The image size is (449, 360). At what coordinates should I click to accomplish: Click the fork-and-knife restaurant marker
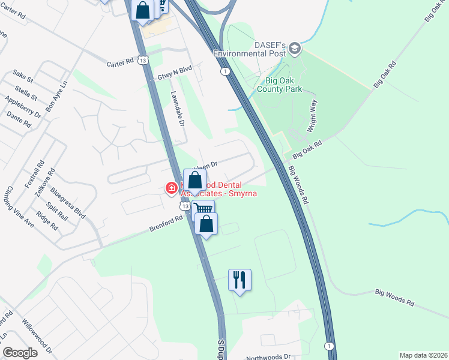240,280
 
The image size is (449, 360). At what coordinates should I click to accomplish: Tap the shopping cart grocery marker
204,209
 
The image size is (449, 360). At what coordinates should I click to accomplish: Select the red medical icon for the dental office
171,188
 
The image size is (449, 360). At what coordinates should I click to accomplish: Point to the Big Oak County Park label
279,85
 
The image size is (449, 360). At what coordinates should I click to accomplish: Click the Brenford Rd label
166,225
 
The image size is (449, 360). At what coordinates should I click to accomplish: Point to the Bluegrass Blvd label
68,201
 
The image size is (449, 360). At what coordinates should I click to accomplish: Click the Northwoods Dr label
268,356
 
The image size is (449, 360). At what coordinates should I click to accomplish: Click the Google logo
20,352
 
